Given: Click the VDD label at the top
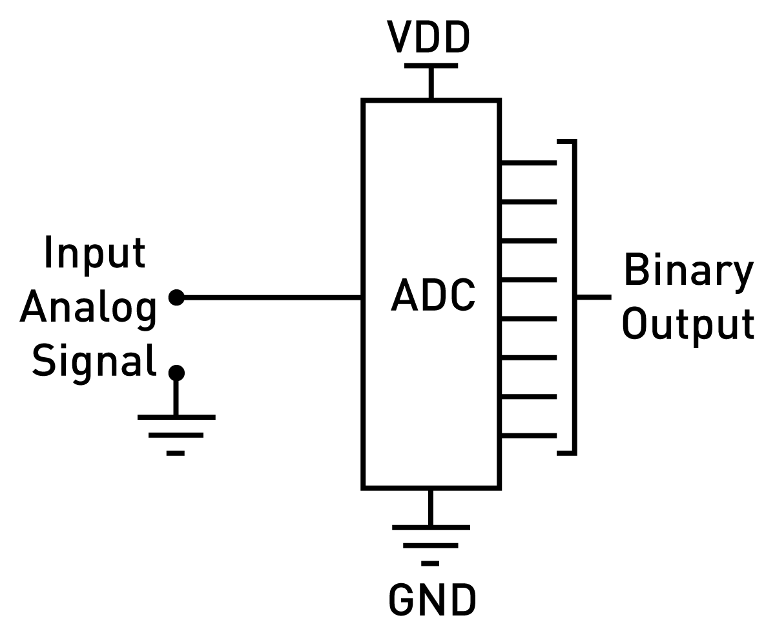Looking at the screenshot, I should click(x=428, y=37).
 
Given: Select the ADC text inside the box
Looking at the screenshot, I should click(x=433, y=296).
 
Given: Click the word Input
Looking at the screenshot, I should click(x=94, y=254).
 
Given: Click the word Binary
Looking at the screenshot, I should click(x=688, y=271).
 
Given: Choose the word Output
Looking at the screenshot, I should click(x=688, y=324).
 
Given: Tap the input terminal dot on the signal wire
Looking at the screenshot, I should click(x=176, y=298).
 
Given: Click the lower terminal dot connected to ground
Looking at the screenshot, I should click(x=176, y=373).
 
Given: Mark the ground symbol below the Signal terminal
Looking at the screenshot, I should click(x=176, y=433).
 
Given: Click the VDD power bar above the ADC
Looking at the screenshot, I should click(x=431, y=65).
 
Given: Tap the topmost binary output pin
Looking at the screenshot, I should click(x=528, y=163).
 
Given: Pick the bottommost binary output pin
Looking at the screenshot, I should click(x=528, y=435).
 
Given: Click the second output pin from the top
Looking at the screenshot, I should click(x=528, y=202).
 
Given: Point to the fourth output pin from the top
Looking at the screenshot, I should click(x=528, y=280).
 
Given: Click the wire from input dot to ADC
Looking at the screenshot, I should click(x=271, y=298).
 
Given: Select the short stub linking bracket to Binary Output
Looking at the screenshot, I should click(x=594, y=298).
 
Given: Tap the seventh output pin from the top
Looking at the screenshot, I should click(x=528, y=397).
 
